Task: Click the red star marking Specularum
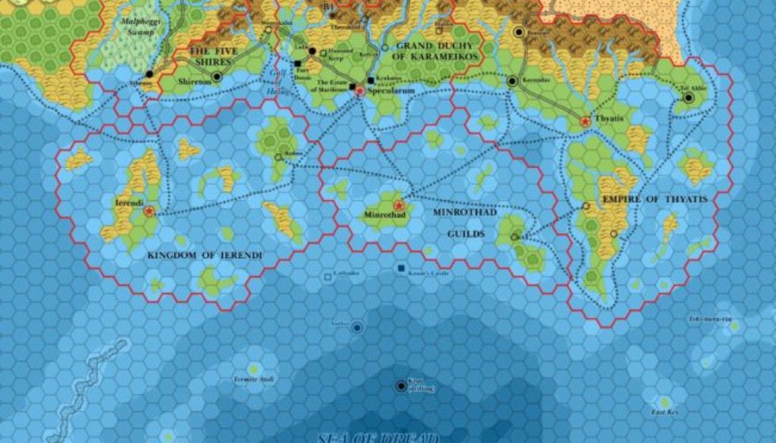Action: click(x=359, y=91)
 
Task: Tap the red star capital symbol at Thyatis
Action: click(x=585, y=121)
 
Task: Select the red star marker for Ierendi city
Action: click(x=149, y=211)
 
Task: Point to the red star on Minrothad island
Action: click(x=399, y=204)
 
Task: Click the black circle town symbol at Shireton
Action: click(x=217, y=76)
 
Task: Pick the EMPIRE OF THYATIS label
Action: click(x=655, y=199)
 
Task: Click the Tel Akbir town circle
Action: click(x=688, y=98)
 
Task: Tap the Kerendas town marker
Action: click(x=512, y=81)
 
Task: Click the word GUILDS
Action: click(x=466, y=234)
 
